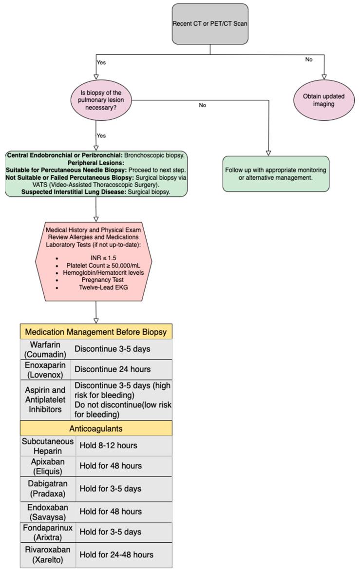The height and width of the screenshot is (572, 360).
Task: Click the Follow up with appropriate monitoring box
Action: [276, 173]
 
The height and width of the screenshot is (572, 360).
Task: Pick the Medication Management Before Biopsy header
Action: [96, 332]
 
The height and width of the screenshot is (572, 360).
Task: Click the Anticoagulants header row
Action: [96, 428]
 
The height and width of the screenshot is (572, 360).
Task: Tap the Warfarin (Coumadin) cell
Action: [45, 349]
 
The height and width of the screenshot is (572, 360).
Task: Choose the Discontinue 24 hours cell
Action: [122, 369]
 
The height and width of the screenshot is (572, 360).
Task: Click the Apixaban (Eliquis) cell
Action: [48, 466]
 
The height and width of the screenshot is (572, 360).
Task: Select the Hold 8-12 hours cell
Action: [124, 445]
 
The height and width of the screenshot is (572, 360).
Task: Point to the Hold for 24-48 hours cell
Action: [124, 554]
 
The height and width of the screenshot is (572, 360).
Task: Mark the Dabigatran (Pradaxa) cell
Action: [48, 488]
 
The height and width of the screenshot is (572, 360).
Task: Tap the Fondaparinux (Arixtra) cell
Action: [48, 533]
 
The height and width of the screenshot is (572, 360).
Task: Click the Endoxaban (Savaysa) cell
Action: [48, 511]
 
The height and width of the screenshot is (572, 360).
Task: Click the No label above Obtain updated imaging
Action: [308, 59]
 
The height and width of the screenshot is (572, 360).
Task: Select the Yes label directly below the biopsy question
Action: [101, 135]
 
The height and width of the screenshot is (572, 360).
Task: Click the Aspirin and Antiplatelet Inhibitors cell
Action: [45, 400]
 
